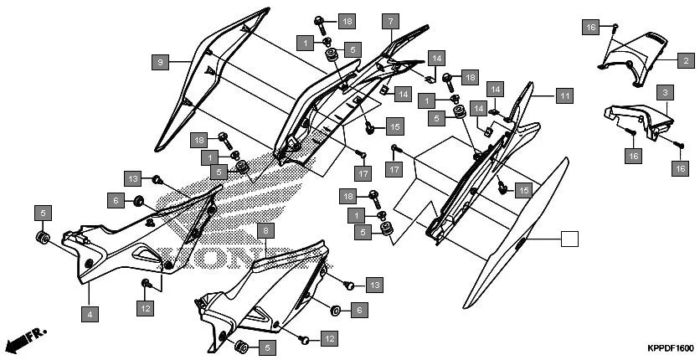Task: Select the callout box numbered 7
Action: click(390, 22)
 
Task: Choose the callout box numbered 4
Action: click(88, 314)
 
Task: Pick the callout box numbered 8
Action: click(265, 230)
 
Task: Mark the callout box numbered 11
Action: click(564, 95)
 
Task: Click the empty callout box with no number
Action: click(569, 239)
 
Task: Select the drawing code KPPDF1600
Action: click(670, 348)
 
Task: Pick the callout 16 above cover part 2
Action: click(591, 28)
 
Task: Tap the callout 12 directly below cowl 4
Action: click(145, 309)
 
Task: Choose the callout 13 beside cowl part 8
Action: click(373, 285)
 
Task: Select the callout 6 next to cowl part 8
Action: click(358, 311)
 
